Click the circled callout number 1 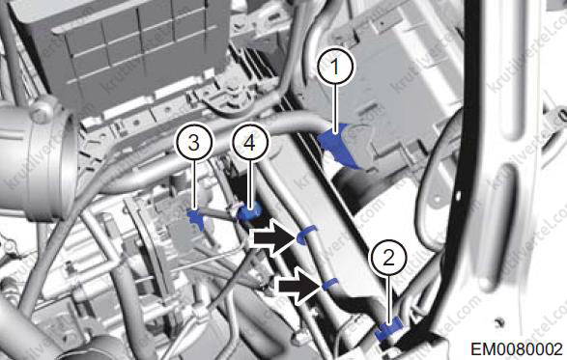click(336, 67)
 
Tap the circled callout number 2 click(388, 258)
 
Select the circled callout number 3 click(193, 143)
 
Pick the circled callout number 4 click(249, 143)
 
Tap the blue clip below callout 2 click(388, 329)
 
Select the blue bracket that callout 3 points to click(196, 218)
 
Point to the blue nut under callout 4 click(249, 212)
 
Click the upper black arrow click(275, 237)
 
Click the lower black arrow click(298, 285)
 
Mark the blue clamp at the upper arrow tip click(306, 234)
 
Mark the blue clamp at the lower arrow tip click(329, 285)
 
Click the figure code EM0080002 click(517, 349)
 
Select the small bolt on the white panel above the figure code click(499, 321)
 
